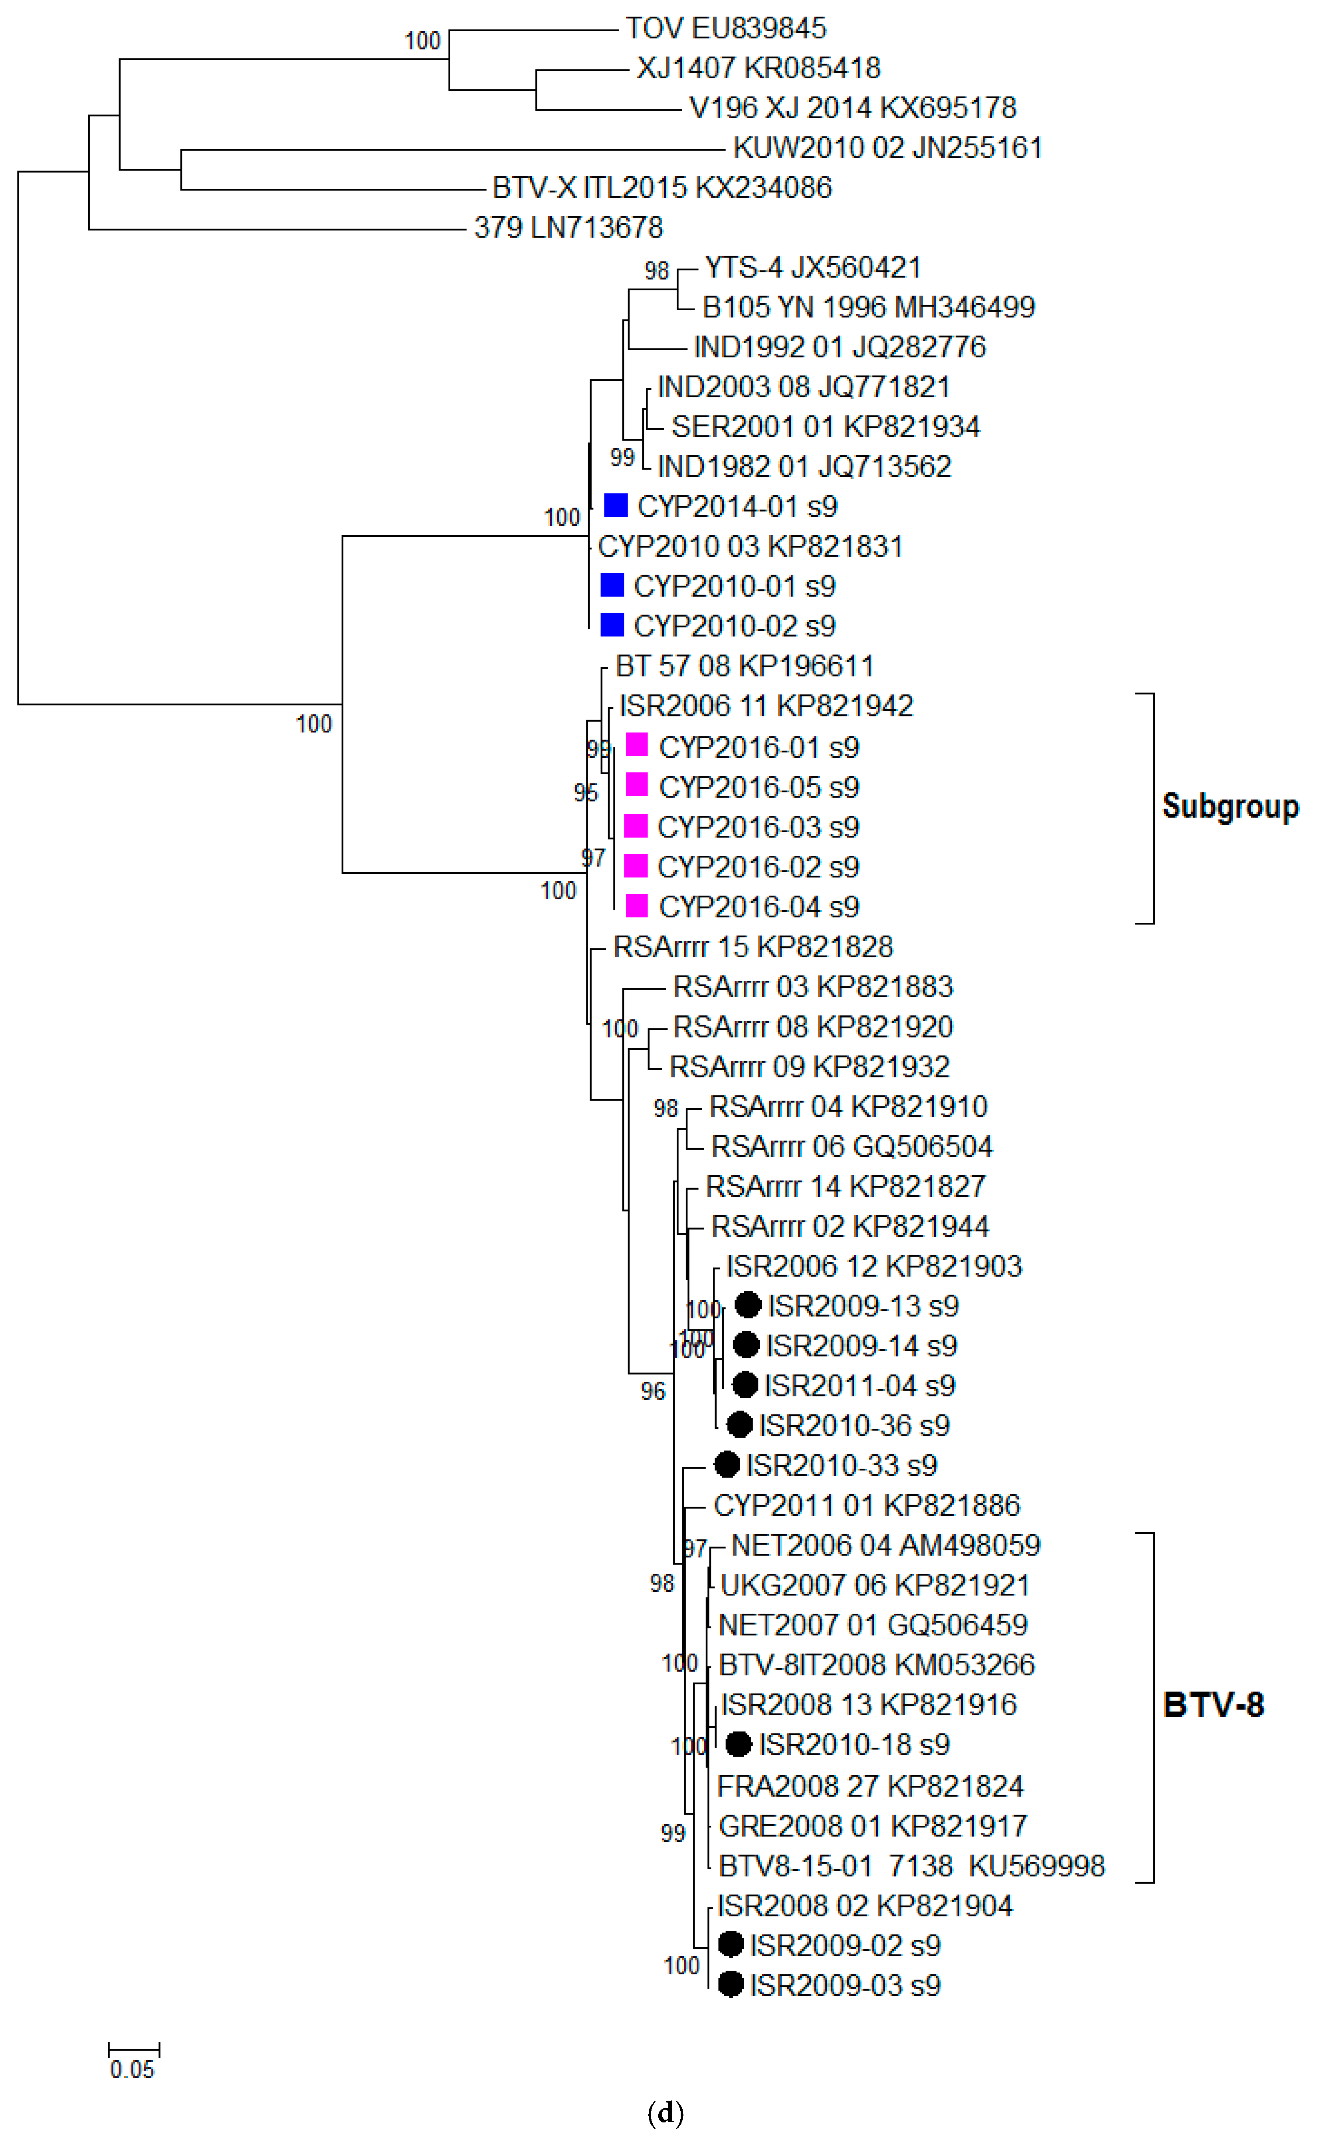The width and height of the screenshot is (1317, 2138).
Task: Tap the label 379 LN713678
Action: tap(568, 227)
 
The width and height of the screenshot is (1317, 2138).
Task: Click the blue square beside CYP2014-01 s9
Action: tap(616, 505)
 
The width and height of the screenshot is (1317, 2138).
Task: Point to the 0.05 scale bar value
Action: tap(133, 2069)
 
